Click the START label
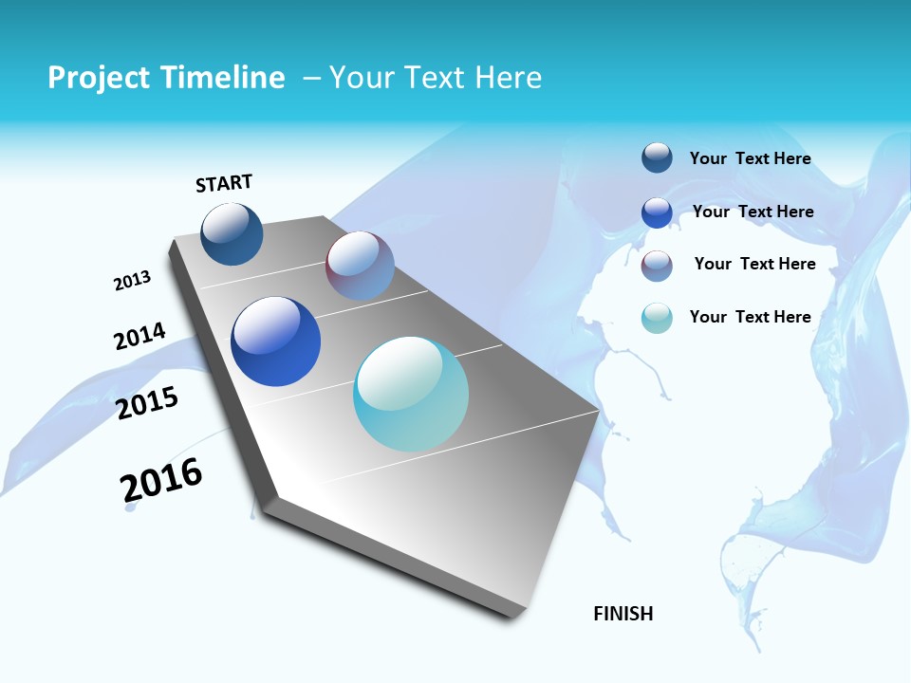[224, 183]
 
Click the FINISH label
[623, 614]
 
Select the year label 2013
[132, 281]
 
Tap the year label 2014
[139, 336]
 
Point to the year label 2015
[147, 403]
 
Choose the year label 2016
[161, 480]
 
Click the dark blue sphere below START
[232, 234]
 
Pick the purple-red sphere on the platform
[360, 266]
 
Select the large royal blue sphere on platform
[276, 341]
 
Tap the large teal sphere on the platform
[411, 394]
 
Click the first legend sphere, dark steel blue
[657, 157]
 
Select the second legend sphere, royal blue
[657, 212]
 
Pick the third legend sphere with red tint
[657, 266]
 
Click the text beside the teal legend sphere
[750, 317]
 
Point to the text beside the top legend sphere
[750, 158]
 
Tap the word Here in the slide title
[508, 78]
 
